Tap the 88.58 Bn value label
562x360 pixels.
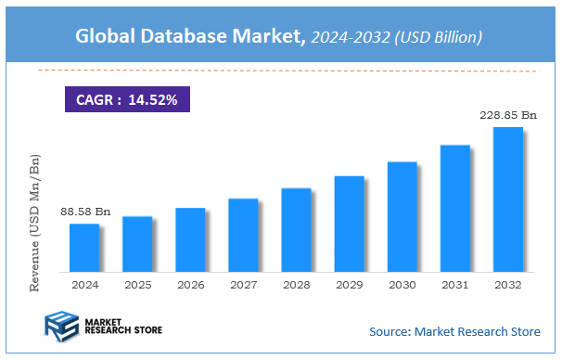[x=84, y=212]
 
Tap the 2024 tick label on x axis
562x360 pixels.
[x=84, y=285]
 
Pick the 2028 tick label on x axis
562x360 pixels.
[x=296, y=285]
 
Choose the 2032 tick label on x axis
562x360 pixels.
[x=507, y=285]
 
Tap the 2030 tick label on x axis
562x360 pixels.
[x=402, y=285]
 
